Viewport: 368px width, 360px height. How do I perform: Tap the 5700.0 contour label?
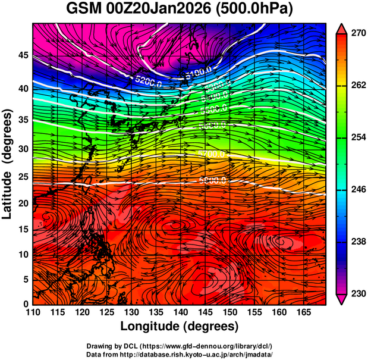pos(210,154)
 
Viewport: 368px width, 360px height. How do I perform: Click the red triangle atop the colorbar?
pos(341,28)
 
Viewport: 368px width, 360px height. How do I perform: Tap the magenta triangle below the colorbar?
pos(341,299)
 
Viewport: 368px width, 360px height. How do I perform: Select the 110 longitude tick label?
pos(33,312)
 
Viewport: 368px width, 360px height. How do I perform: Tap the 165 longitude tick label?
pos(303,312)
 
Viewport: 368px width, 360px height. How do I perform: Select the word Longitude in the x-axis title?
pos(154,327)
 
